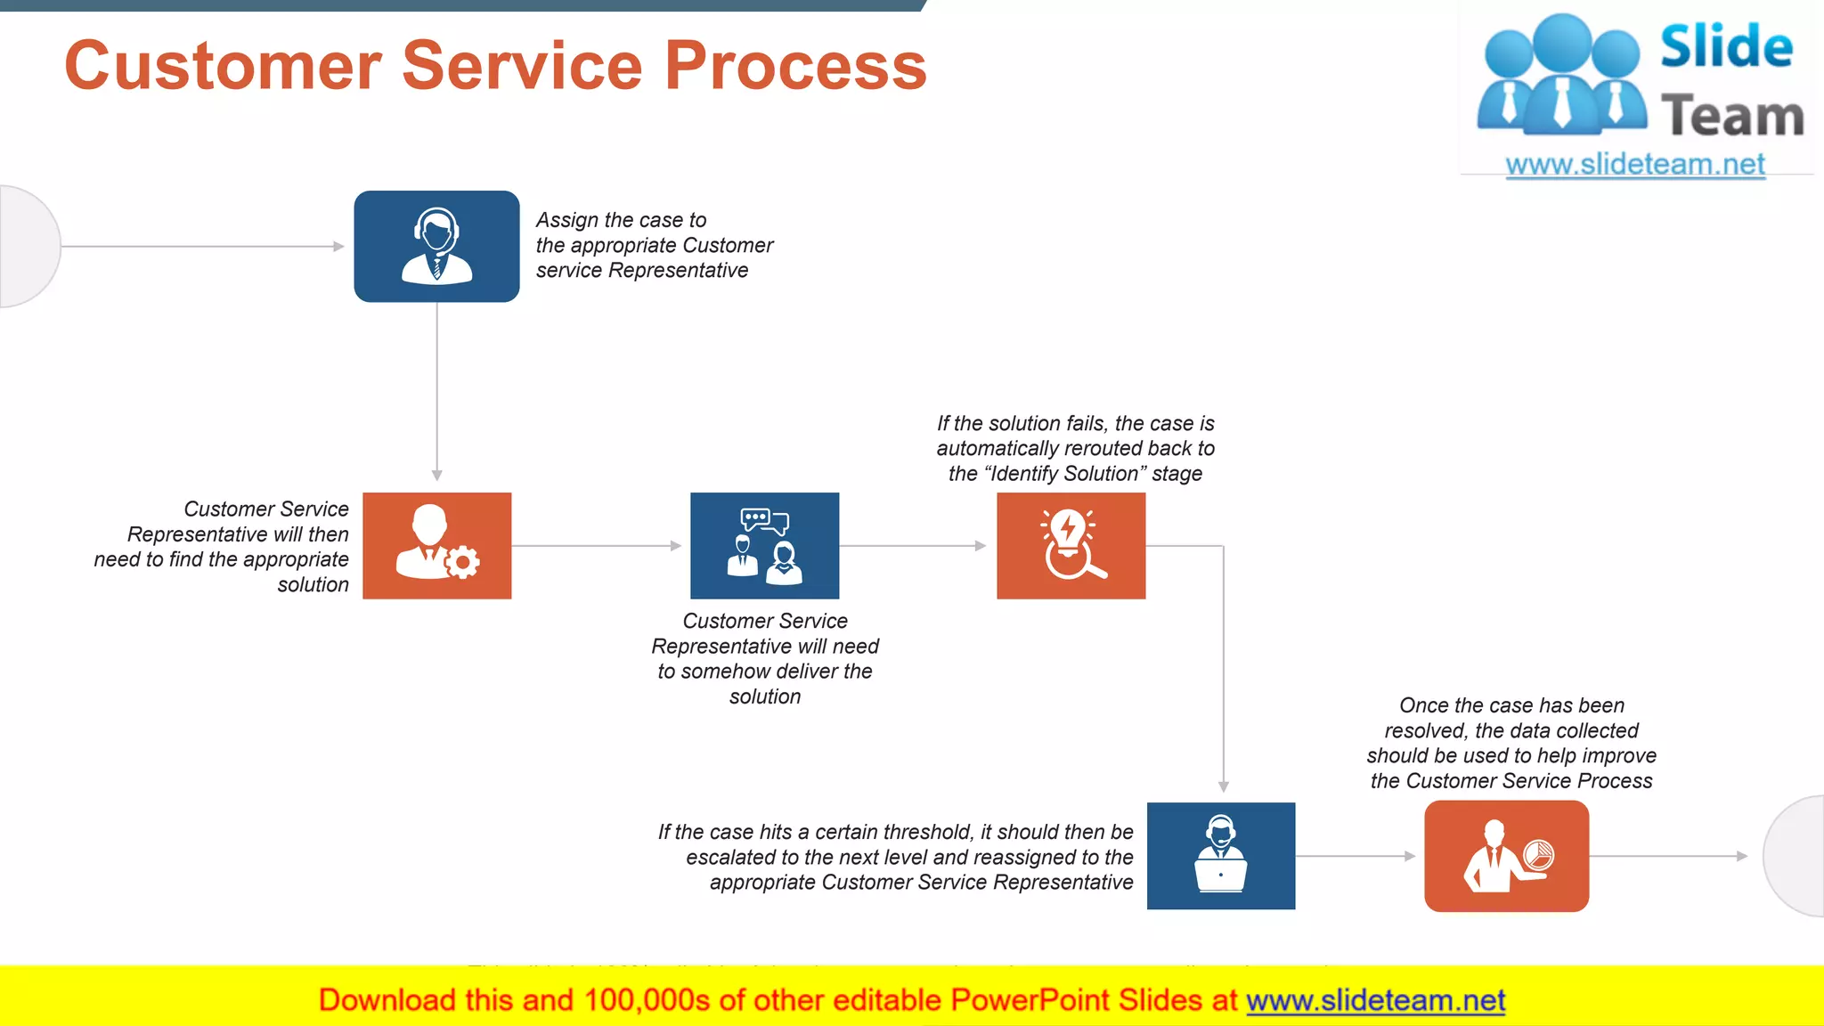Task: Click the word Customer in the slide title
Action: pyautogui.click(x=224, y=66)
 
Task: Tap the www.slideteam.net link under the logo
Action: pyautogui.click(x=1635, y=165)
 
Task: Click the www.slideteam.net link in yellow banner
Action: pyautogui.click(x=1375, y=1000)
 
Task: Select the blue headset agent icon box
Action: pyautogui.click(x=436, y=247)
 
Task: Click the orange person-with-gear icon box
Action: pyautogui.click(x=436, y=545)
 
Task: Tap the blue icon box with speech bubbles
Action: pyautogui.click(x=764, y=545)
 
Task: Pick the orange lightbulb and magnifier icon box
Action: pyautogui.click(x=1071, y=545)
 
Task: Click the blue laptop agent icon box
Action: pyautogui.click(x=1220, y=855)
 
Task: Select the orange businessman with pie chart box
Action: pyautogui.click(x=1506, y=855)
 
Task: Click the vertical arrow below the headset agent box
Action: pyautogui.click(x=436, y=392)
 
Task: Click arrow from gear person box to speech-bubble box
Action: pyautogui.click(x=597, y=545)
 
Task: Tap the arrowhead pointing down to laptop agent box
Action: pyautogui.click(x=1224, y=786)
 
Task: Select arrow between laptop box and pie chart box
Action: pyautogui.click(x=1356, y=856)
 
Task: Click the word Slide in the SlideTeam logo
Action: pyautogui.click(x=1726, y=46)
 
